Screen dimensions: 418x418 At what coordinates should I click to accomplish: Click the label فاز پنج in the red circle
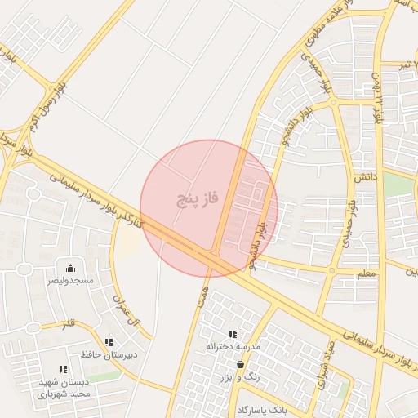[199, 198]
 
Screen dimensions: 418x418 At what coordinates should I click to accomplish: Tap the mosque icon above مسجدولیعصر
[70, 268]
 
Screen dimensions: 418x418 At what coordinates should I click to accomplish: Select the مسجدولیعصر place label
[70, 280]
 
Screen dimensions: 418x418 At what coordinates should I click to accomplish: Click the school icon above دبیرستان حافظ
[109, 343]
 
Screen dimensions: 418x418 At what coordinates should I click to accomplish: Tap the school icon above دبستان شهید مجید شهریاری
[63, 369]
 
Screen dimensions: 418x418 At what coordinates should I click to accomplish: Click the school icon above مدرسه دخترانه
[233, 334]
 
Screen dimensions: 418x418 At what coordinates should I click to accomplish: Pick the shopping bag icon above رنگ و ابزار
[240, 364]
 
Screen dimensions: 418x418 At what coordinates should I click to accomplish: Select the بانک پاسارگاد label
[265, 407]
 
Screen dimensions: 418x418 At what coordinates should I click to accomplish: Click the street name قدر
[68, 324]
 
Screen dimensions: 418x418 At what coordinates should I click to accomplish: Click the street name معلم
[367, 273]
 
